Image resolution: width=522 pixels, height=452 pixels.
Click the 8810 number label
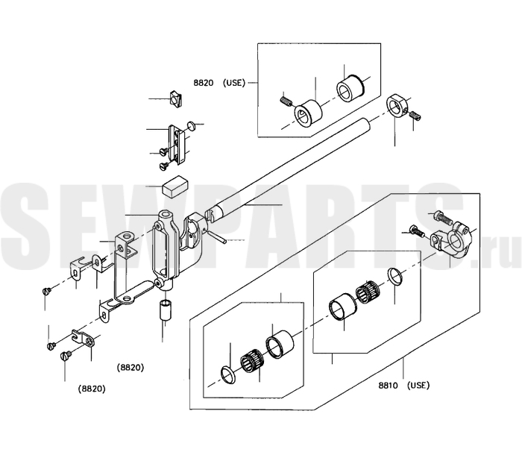pyautogui.click(x=388, y=386)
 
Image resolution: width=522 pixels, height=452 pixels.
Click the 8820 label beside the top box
pyautogui.click(x=204, y=83)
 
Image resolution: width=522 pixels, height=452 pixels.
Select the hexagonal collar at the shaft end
pyautogui.click(x=395, y=106)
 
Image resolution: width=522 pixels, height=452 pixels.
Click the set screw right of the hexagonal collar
pyautogui.click(x=415, y=116)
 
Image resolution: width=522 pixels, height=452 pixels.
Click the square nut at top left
pyautogui.click(x=175, y=98)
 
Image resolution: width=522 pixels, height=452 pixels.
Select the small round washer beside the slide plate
pyautogui.click(x=192, y=125)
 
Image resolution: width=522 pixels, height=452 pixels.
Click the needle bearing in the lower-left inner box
pyautogui.click(x=252, y=360)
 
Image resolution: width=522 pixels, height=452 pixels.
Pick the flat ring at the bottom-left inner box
pyautogui.click(x=228, y=374)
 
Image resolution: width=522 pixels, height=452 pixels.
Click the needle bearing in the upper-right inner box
pyautogui.click(x=368, y=290)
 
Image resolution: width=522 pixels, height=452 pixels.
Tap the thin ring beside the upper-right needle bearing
pyautogui.click(x=396, y=277)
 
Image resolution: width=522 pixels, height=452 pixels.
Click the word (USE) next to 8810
pyautogui.click(x=418, y=386)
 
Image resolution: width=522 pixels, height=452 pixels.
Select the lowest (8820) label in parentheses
pyautogui.click(x=92, y=389)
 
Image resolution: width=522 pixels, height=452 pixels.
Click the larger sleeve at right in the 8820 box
pyautogui.click(x=350, y=87)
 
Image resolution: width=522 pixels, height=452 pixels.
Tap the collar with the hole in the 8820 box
pyautogui.click(x=308, y=113)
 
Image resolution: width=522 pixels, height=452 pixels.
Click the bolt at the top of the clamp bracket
pyautogui.click(x=442, y=218)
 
